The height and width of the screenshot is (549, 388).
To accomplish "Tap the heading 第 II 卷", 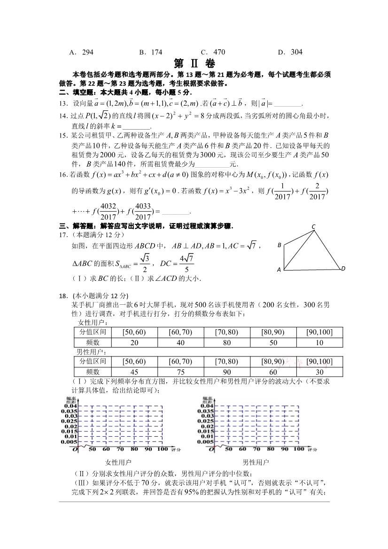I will pos(194,64).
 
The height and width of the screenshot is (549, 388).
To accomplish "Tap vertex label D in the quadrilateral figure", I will pos(343,268).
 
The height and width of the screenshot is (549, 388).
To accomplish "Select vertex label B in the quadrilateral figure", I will pos(279,245).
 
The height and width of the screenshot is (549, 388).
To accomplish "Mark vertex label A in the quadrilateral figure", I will pos(279,270).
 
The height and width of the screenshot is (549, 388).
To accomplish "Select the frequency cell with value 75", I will pos(180,371).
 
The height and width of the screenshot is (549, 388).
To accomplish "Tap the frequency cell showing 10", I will pos(319,342).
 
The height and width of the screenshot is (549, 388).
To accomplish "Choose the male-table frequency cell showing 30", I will pos(319,371).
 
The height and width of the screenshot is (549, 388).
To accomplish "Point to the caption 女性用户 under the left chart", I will pos(118,462).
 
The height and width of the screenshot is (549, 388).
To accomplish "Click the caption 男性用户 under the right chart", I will pos(256,462).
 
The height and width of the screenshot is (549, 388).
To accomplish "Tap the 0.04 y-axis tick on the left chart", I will pos(71,405).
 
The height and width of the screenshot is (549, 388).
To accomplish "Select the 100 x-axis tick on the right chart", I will pos(298,449).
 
